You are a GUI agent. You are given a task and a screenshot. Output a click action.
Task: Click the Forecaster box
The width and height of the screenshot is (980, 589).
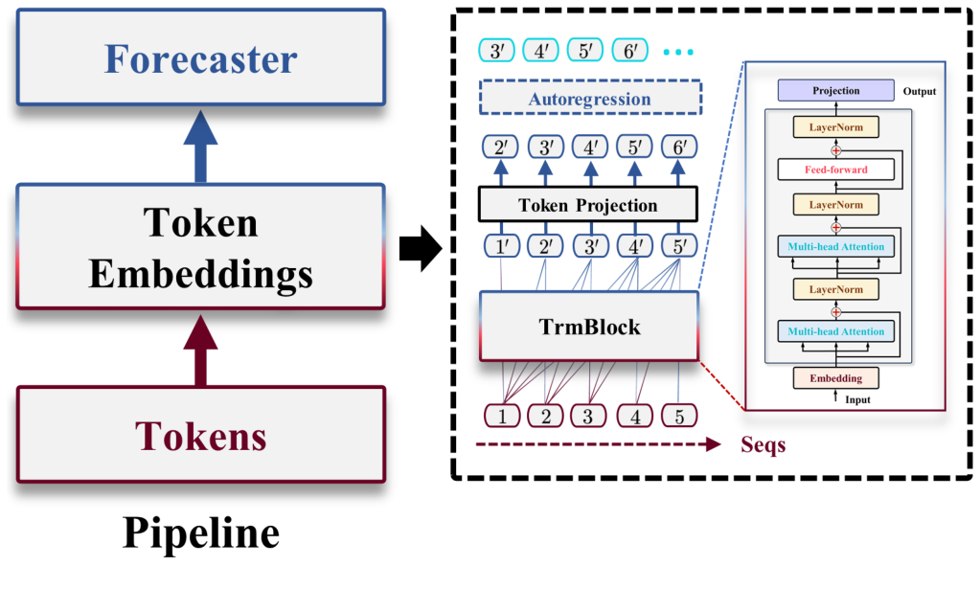tap(200, 59)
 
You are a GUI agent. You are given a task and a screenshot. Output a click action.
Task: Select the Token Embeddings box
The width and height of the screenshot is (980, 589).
tap(200, 248)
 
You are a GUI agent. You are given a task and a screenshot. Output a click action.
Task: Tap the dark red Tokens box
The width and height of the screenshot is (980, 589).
tap(200, 435)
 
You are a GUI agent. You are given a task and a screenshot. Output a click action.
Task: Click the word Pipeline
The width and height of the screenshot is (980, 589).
tap(200, 533)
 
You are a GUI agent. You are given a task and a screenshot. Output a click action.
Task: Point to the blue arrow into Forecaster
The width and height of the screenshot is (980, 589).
tap(200, 146)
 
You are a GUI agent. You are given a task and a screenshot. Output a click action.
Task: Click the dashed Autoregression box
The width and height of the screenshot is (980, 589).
tap(589, 99)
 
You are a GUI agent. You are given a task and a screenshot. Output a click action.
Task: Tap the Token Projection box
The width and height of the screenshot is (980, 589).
tap(588, 205)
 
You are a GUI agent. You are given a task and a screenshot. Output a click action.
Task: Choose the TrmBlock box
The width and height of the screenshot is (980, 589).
tap(588, 327)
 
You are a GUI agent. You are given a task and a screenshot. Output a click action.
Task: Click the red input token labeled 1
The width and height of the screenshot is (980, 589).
tap(502, 416)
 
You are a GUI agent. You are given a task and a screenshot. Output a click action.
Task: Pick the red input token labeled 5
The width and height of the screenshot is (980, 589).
tap(679, 416)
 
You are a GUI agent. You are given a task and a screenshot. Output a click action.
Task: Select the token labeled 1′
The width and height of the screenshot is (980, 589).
tap(502, 246)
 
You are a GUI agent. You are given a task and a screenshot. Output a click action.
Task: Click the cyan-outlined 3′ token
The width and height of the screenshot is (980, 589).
tap(496, 51)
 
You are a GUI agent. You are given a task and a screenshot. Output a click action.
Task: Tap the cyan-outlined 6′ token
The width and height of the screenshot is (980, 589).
tap(628, 51)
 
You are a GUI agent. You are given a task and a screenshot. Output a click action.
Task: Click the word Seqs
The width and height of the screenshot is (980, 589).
tap(763, 445)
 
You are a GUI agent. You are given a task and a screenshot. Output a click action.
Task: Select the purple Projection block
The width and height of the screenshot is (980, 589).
tap(835, 91)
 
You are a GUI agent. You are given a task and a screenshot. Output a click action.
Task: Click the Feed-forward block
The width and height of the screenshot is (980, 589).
tap(835, 170)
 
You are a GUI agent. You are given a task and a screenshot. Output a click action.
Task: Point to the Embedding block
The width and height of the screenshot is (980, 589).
tap(835, 378)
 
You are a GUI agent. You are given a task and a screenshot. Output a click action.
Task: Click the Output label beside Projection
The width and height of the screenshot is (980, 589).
tap(918, 92)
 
